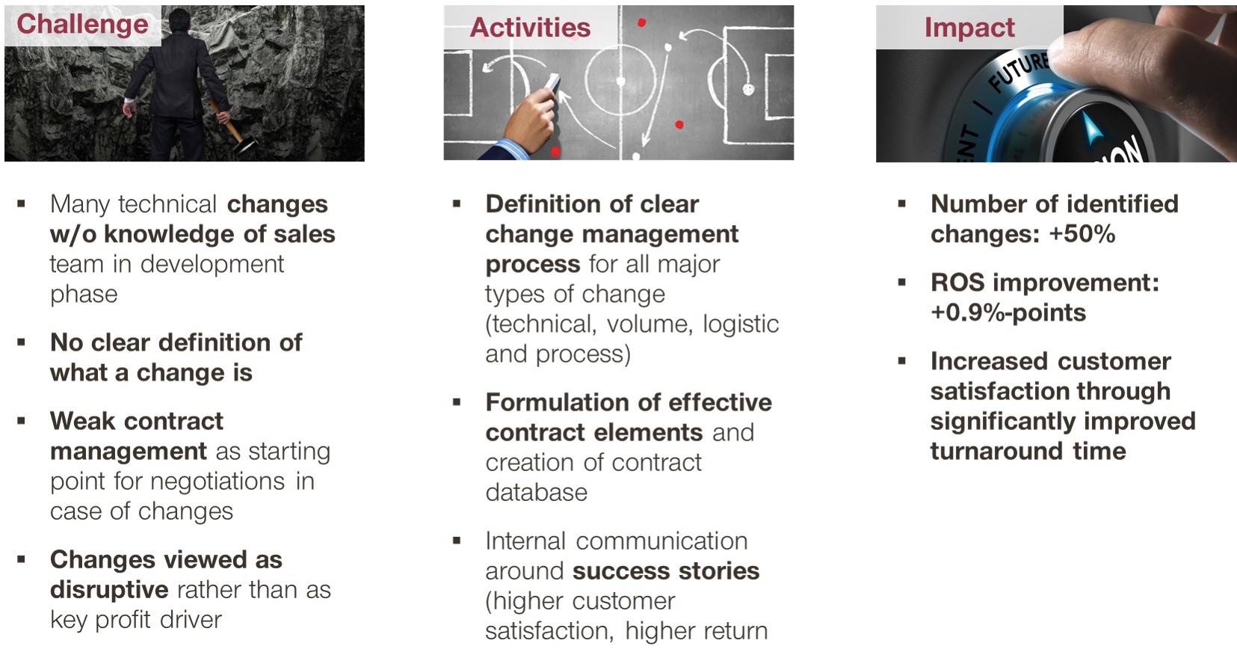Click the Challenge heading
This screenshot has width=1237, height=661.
point(82,24)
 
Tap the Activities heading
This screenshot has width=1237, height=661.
point(530,27)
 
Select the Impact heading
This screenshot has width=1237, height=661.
point(969,27)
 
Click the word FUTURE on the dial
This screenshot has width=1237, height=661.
point(1019,72)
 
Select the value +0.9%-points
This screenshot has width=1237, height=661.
point(1008,313)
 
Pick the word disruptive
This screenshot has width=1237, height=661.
point(109,590)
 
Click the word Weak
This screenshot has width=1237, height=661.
point(81,421)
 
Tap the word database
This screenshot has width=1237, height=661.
point(536,492)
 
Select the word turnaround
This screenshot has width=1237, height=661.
point(996,451)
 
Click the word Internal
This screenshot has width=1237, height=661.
point(525,541)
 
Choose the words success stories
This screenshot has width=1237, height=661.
point(666,571)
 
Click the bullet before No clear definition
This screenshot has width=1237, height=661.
point(21,342)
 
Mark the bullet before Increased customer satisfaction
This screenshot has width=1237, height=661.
point(902,361)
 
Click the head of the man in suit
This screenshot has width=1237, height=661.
point(179,20)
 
